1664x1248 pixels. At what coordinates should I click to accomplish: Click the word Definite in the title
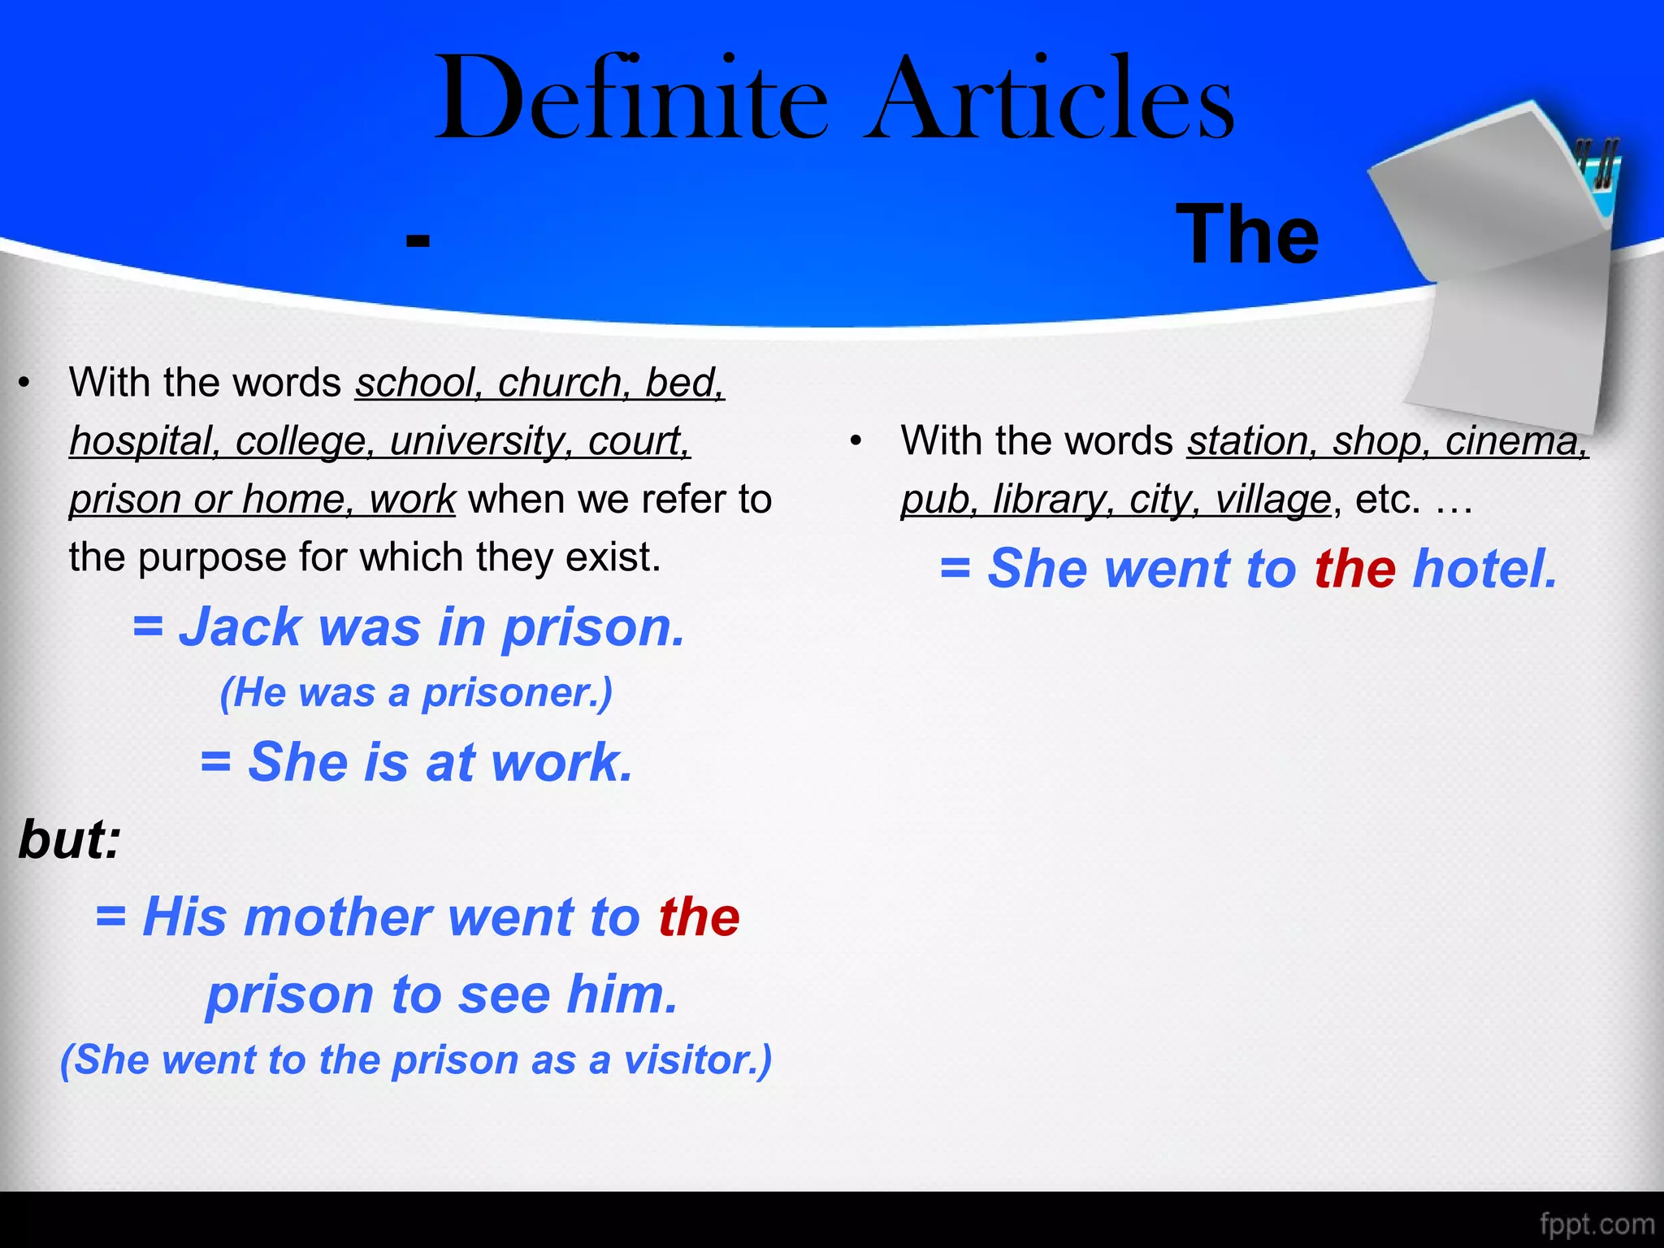point(632,99)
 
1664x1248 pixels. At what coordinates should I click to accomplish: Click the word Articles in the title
point(1050,99)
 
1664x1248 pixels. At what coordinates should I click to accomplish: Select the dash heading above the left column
point(418,240)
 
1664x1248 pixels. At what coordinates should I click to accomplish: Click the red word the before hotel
point(1355,568)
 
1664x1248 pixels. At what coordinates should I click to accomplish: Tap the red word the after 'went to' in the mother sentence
point(699,917)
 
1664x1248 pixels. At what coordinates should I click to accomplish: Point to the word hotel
point(1484,568)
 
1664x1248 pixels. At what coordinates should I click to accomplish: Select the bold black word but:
point(70,839)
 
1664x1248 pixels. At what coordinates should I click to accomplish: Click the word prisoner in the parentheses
point(517,693)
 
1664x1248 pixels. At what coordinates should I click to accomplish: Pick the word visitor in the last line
point(697,1060)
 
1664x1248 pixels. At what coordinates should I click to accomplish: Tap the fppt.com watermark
point(1597,1224)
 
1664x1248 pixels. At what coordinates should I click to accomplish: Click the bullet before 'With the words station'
point(855,442)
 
